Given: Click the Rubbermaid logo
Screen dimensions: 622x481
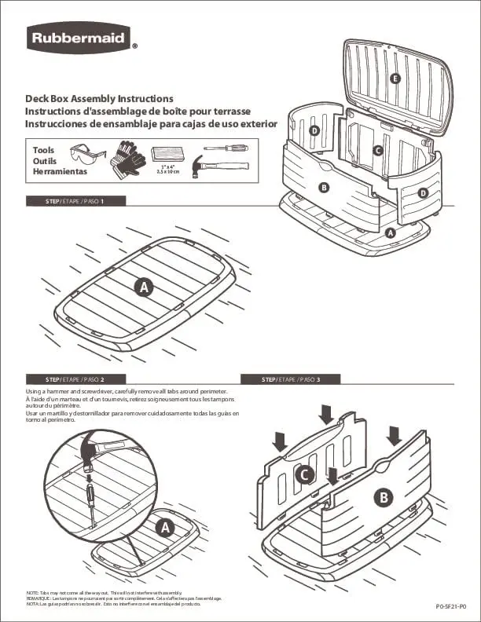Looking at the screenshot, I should click(x=79, y=37).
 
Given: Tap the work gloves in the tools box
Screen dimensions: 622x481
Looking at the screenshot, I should click(x=127, y=157).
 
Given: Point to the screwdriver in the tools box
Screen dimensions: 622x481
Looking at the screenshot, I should click(x=226, y=148).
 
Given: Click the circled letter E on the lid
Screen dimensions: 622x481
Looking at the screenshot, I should click(x=395, y=78).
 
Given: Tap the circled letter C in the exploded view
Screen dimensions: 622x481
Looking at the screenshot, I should click(x=377, y=150).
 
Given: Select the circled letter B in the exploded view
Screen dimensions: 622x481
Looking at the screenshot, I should click(x=323, y=187).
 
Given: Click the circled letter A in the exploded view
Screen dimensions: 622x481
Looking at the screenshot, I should click(x=391, y=232).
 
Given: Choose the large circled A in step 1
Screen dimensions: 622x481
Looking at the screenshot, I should click(x=143, y=287).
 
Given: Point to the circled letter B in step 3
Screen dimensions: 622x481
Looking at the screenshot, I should click(x=384, y=496).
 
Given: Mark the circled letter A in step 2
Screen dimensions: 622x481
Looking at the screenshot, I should click(x=165, y=528).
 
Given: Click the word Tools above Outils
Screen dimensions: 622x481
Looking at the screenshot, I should click(x=43, y=149).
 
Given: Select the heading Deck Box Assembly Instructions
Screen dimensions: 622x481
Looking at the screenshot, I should click(x=99, y=99).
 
